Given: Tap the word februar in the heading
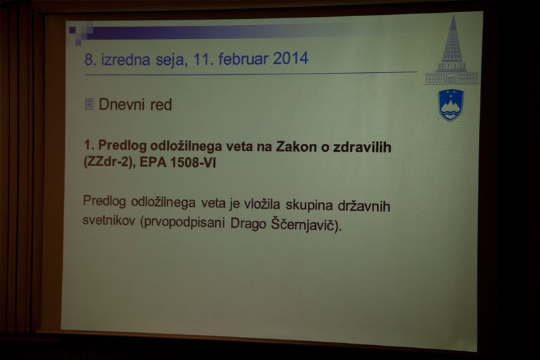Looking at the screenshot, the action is [x=243, y=58].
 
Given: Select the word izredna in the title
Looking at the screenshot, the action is [x=126, y=59].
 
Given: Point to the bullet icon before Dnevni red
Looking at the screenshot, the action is [x=89, y=104].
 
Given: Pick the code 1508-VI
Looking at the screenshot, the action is [x=193, y=162].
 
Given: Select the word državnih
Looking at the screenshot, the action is [x=364, y=206].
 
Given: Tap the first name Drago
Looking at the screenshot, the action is [x=248, y=224].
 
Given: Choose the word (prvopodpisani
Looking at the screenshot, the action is [x=182, y=222].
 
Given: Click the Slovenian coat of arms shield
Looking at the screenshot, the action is [x=451, y=105].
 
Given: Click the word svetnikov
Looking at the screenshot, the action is [x=109, y=220].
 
